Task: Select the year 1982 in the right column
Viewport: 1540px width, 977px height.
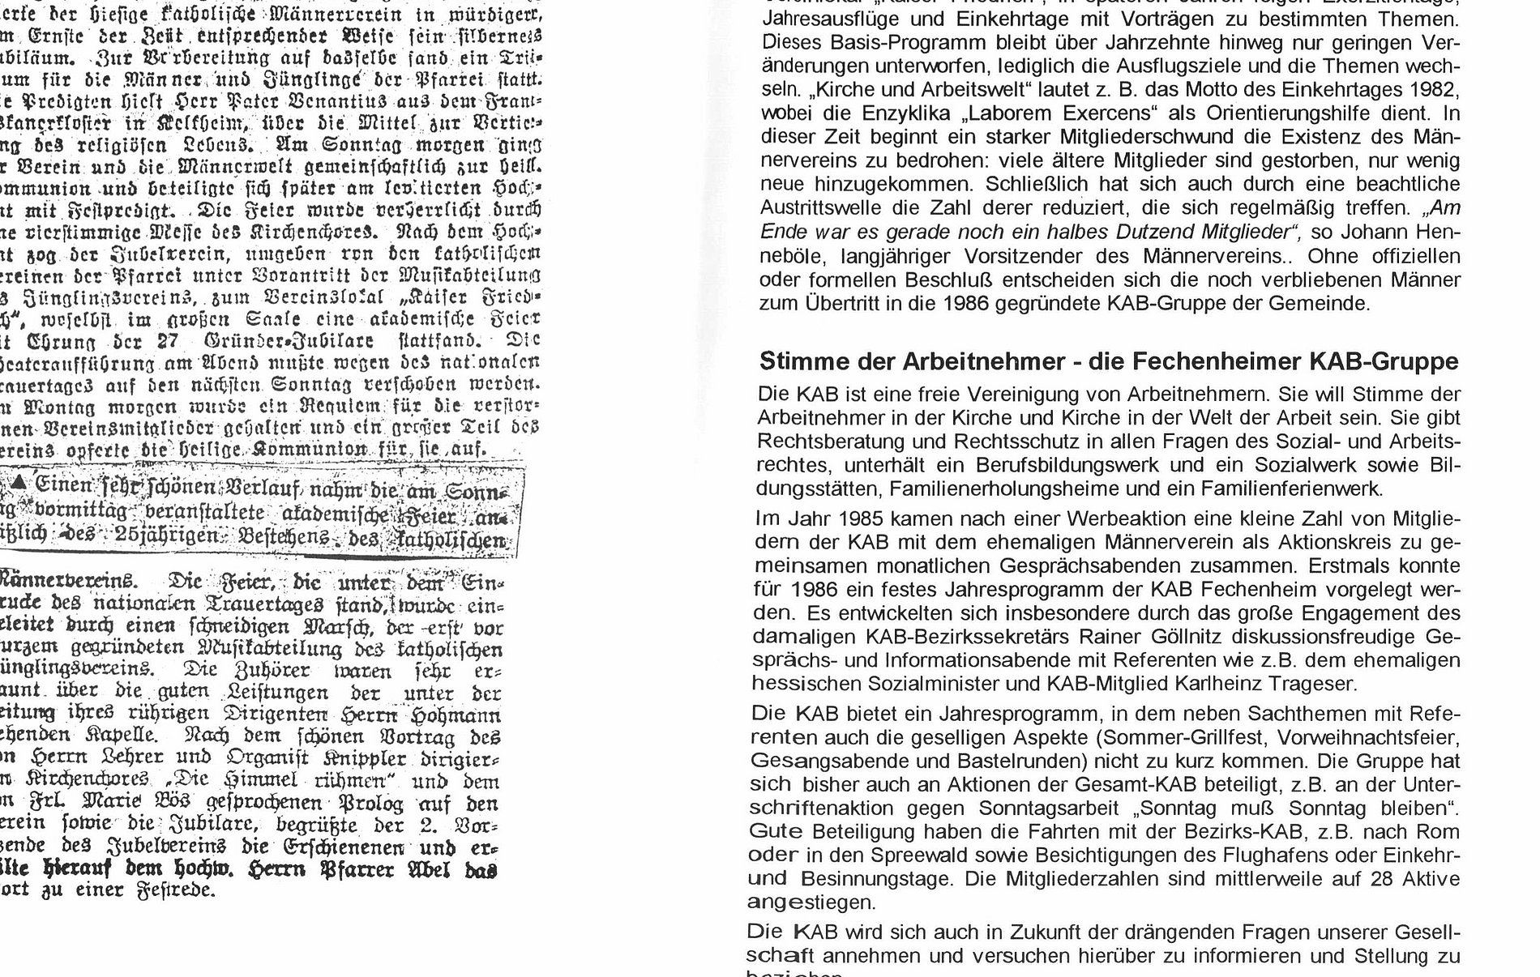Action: [x=1437, y=88]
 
